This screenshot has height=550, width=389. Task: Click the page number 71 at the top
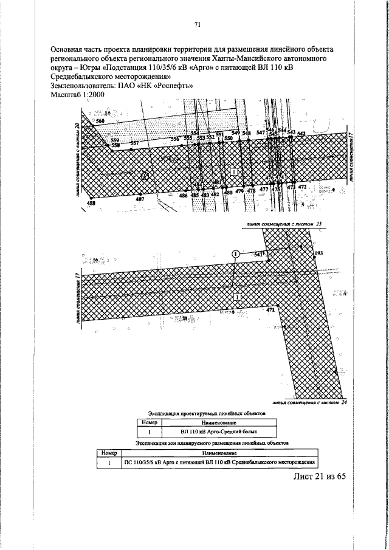[197, 24]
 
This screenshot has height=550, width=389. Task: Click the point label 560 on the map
[100, 122]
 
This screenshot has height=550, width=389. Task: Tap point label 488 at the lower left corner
[91, 204]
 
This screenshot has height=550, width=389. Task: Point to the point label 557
[134, 143]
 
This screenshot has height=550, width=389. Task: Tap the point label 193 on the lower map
[318, 252]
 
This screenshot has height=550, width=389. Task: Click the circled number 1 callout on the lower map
[235, 253]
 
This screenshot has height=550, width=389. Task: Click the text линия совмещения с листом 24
[309, 403]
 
